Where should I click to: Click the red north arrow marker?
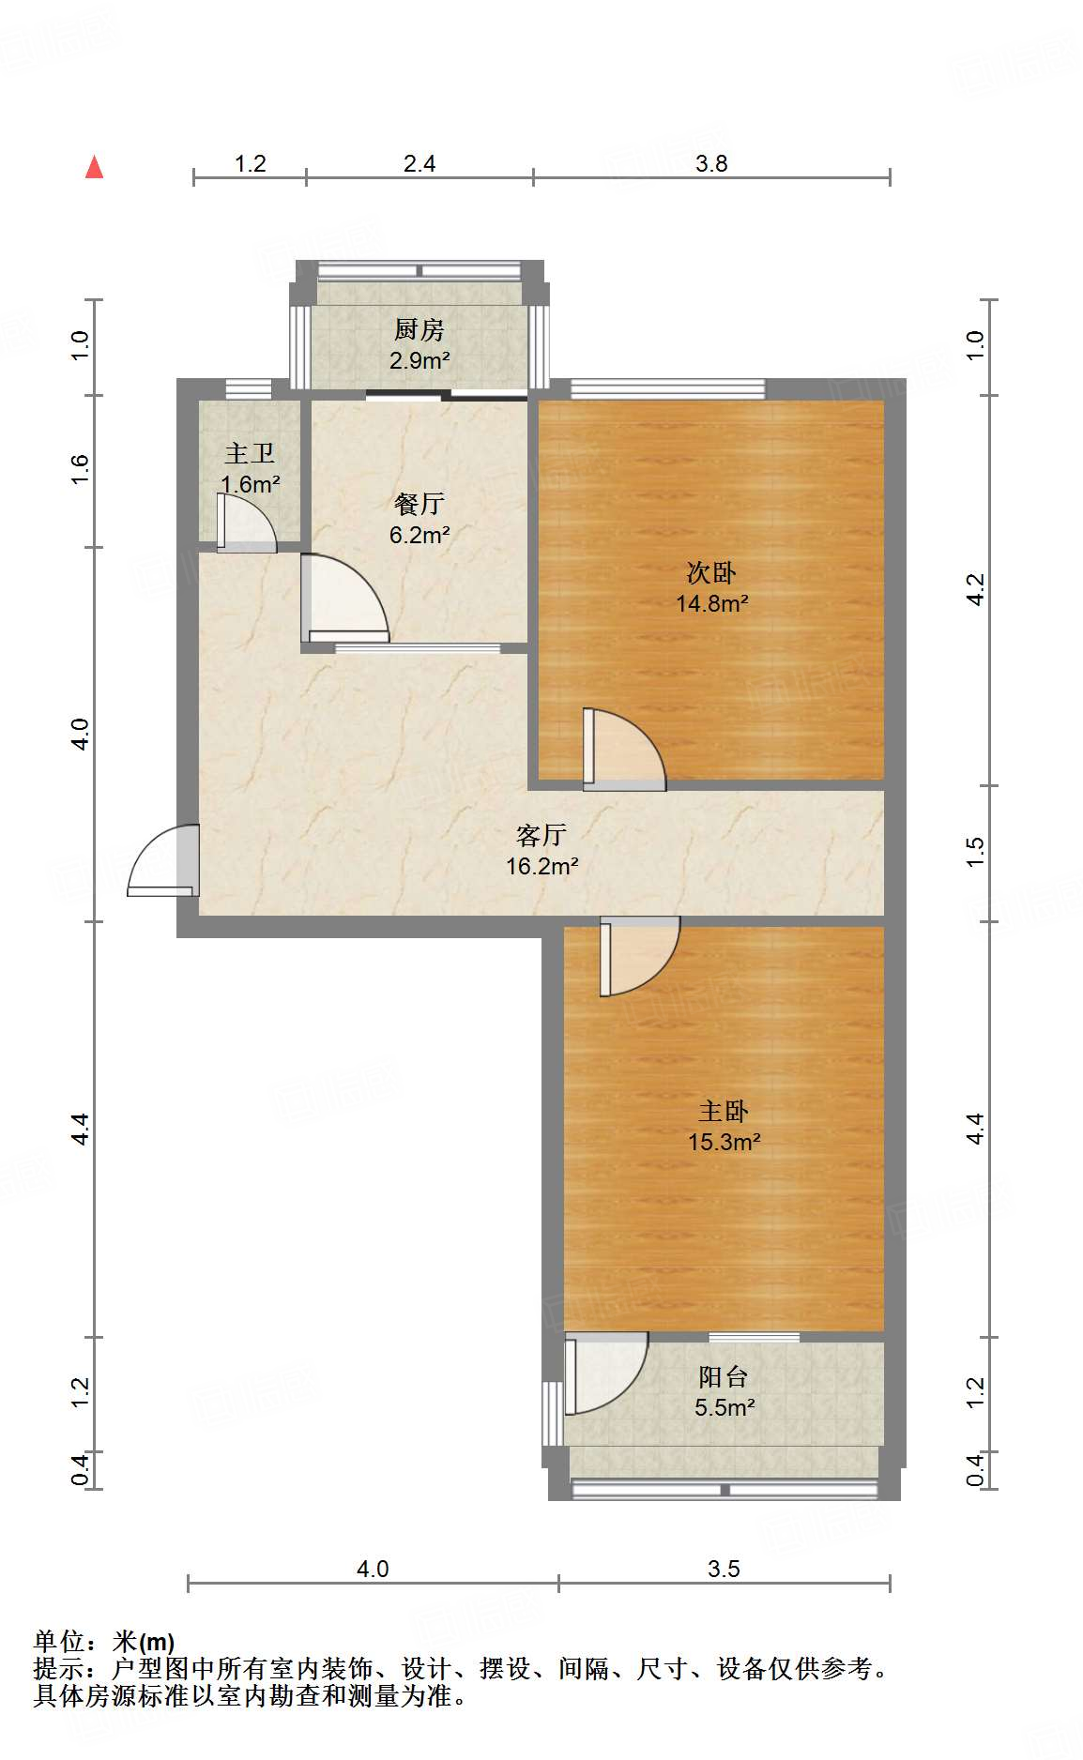94,167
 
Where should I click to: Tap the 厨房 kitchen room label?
419,330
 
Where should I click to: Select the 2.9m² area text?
419,360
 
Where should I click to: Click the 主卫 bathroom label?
250,454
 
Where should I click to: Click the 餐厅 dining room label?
419,505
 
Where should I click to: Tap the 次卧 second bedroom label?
711,572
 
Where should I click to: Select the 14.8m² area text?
711,603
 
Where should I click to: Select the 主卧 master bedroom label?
724,1112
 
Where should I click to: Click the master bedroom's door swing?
638,955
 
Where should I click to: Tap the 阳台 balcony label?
724,1377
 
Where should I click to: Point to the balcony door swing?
604,1373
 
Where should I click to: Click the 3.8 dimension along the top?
711,164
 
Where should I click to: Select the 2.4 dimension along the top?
419,164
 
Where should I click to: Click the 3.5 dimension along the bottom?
724,1569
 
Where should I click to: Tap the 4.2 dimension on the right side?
976,589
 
